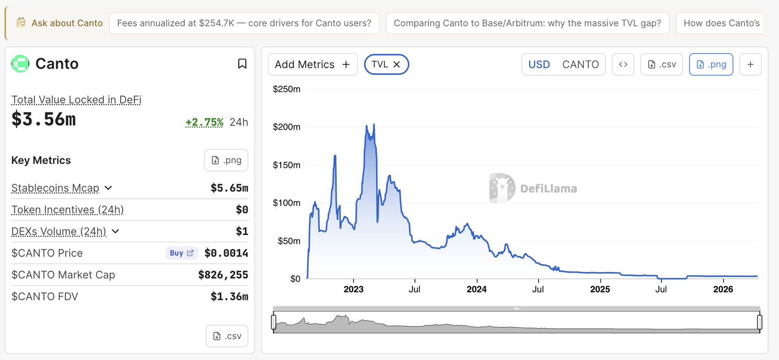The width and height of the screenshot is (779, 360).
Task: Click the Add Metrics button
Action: tap(312, 65)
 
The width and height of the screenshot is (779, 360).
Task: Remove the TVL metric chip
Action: tap(397, 65)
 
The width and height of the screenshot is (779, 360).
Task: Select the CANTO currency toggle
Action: tap(580, 65)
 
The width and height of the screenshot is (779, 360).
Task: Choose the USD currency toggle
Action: tap(539, 65)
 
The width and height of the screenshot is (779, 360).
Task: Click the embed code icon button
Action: tap(623, 65)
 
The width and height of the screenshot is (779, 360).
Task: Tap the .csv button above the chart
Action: tap(662, 65)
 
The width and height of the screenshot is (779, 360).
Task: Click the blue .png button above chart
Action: tap(711, 65)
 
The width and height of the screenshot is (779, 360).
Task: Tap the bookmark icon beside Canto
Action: tap(242, 63)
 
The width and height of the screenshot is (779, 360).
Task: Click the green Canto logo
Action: tap(20, 63)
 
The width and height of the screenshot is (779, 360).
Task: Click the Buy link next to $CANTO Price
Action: tap(181, 253)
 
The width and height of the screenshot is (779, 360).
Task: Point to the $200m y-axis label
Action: tap(286, 127)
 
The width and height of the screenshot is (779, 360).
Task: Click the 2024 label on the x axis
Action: tap(477, 289)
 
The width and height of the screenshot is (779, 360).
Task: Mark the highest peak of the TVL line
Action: tap(374, 124)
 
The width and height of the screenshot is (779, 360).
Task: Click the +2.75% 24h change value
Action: tap(204, 122)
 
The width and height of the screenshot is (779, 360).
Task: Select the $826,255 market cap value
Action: tap(223, 275)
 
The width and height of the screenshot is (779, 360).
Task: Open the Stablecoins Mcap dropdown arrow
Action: tap(108, 188)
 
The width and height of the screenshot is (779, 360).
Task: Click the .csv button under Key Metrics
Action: tap(227, 336)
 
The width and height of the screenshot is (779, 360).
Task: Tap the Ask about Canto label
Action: tap(67, 23)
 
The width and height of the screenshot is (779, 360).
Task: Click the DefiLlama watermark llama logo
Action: tap(502, 188)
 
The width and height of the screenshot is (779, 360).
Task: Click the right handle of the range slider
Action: tap(759, 322)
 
